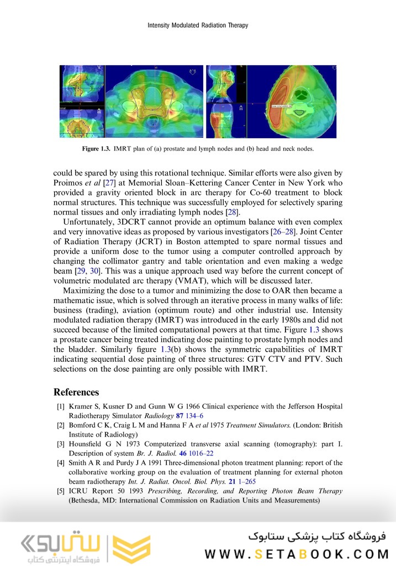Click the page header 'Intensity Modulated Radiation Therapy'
pos(198,25)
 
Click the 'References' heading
pos(76,392)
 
